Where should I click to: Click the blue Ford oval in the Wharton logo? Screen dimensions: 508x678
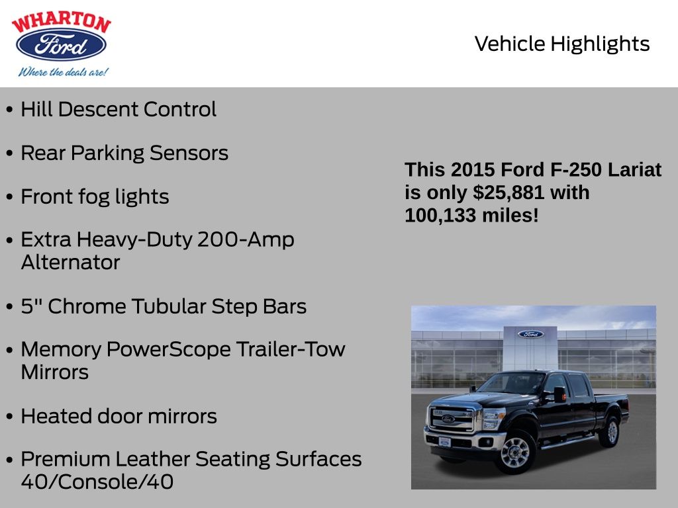coord(61,45)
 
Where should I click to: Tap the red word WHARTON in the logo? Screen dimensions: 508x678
coord(61,22)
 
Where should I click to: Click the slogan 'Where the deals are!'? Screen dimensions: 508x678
coord(63,72)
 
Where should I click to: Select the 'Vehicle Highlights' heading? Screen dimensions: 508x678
coord(562,44)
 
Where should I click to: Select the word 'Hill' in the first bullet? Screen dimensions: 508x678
coord(36,109)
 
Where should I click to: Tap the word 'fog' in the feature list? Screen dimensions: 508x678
coord(95,197)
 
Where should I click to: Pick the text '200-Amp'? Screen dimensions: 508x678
coord(246,239)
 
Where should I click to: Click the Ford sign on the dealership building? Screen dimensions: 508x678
coord(530,334)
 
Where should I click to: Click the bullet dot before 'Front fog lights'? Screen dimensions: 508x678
coord(9,198)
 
